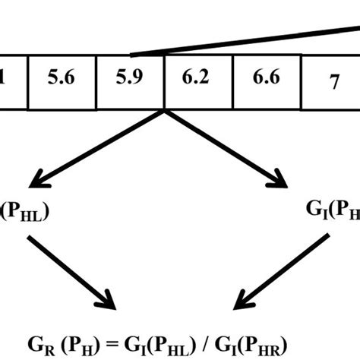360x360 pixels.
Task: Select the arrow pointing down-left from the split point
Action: click(99, 149)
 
